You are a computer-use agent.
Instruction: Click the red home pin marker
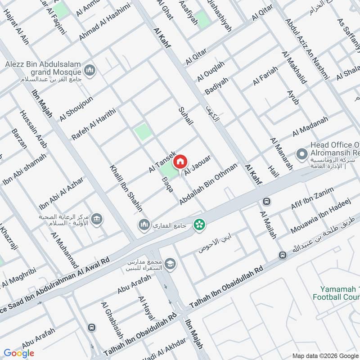(x=180, y=162)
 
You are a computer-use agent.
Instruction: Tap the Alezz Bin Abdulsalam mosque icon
(x=90, y=71)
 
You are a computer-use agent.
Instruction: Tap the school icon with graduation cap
(x=170, y=263)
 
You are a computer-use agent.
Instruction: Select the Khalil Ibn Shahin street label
(x=126, y=188)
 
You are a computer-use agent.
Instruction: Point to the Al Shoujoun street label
(x=76, y=108)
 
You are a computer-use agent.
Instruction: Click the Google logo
(x=19, y=353)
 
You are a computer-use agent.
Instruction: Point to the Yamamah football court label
(x=336, y=293)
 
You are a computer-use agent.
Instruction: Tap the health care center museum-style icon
(x=96, y=220)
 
